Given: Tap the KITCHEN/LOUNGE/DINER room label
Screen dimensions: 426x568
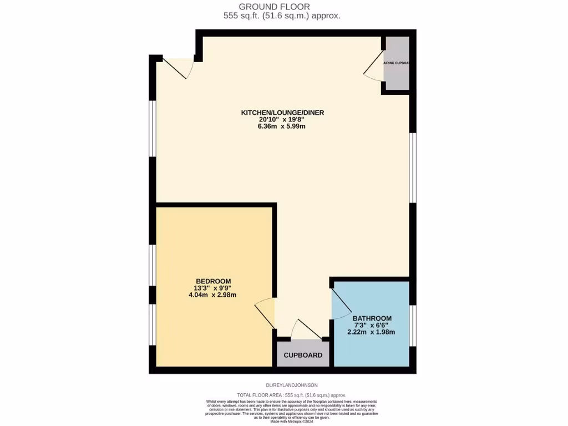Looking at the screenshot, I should coord(282,113).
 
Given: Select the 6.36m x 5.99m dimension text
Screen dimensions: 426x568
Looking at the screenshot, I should coord(282,126).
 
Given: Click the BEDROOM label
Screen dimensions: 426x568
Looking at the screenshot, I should coord(213,281).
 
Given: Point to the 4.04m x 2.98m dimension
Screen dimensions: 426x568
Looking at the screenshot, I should coord(213,295).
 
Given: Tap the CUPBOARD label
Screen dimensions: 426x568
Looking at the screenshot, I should coord(303,355).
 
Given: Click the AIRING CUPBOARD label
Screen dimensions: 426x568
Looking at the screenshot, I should coord(397,63).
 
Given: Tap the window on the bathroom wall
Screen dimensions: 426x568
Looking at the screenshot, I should coord(412,326).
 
